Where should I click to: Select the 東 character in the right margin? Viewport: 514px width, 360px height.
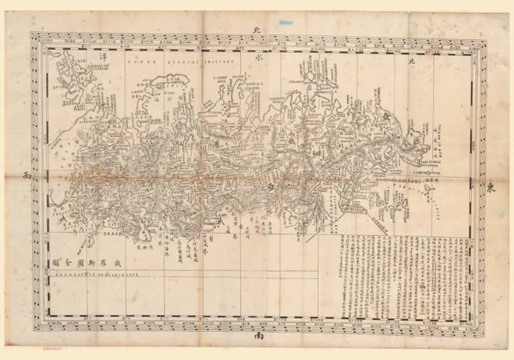[491, 187]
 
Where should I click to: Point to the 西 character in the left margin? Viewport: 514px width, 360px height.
[26, 175]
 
